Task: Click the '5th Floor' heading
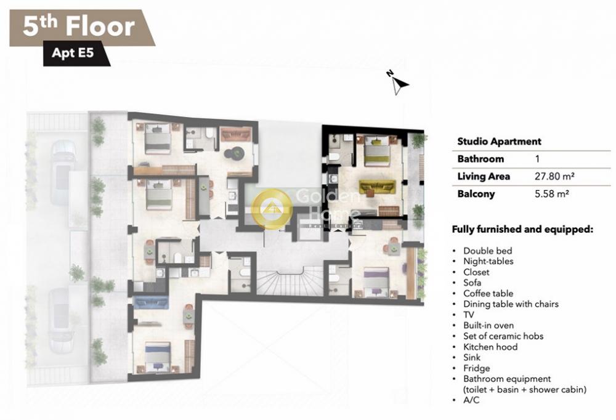tap(79, 26)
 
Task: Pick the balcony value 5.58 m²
tap(551, 194)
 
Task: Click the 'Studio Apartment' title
tap(499, 142)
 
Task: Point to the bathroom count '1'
tap(537, 159)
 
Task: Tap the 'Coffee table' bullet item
tap(488, 293)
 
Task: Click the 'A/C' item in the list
tap(471, 400)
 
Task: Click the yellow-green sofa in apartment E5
tap(377, 186)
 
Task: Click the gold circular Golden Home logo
tap(272, 208)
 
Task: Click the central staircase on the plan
tap(290, 280)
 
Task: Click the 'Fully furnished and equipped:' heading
tap(522, 230)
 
